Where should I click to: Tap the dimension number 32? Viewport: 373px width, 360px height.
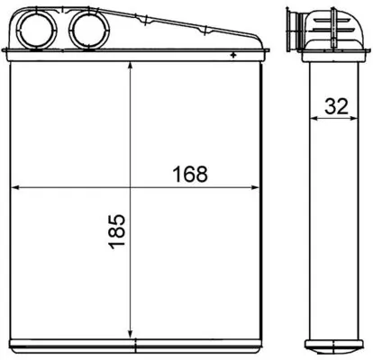(x=338, y=105)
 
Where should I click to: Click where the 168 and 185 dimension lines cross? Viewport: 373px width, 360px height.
(x=132, y=187)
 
